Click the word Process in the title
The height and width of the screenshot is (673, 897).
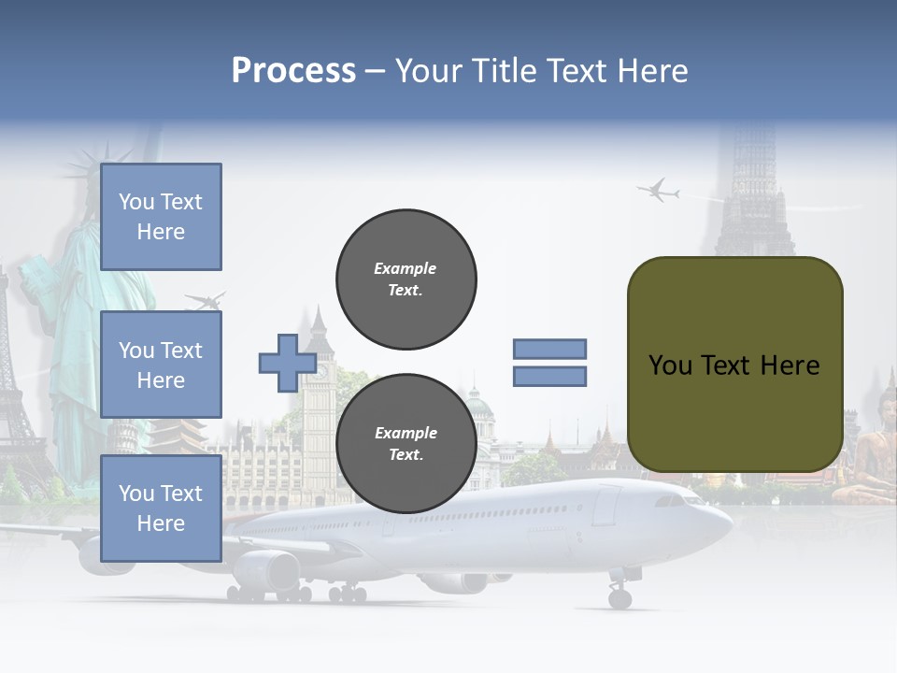[293, 71]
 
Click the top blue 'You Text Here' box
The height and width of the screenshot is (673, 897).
[161, 217]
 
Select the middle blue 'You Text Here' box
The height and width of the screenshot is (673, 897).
[161, 365]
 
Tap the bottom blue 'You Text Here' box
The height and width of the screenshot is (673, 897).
[161, 508]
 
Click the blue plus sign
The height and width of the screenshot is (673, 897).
[287, 363]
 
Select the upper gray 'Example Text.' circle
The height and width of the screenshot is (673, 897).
[406, 279]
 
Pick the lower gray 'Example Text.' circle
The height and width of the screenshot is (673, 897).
[406, 443]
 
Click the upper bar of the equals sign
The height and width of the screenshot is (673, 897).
[549, 349]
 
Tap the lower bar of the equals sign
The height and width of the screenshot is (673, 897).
[549, 376]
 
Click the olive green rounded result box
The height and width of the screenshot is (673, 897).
[734, 365]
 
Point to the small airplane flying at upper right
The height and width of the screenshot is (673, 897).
[659, 191]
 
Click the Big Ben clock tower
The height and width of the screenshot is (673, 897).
[319, 393]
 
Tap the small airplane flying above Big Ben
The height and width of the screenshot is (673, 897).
[206, 301]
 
